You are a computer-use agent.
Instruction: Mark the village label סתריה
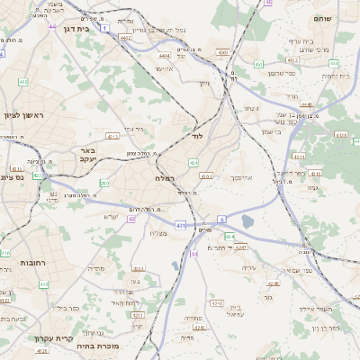96,268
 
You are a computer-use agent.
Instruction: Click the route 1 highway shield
104,29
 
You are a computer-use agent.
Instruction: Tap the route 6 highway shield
221,219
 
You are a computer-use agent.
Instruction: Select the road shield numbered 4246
215,303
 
